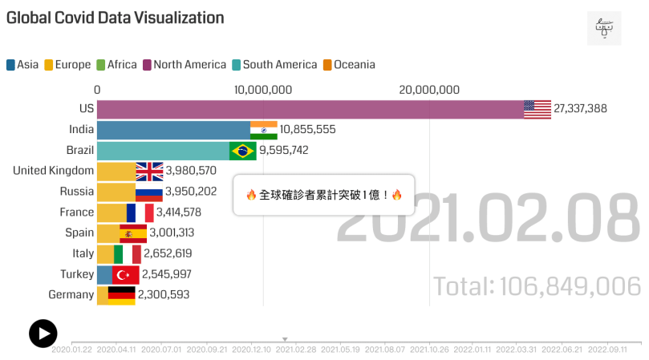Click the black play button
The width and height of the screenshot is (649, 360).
[43, 334]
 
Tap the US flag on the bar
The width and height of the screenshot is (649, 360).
[537, 109]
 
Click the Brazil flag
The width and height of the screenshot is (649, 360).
[242, 150]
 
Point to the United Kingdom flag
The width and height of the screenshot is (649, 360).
[149, 171]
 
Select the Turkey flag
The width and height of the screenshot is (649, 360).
[125, 275]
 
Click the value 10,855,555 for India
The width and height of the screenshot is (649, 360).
[307, 129]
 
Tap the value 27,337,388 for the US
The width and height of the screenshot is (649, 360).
[580, 109]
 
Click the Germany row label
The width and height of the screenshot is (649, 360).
[71, 295]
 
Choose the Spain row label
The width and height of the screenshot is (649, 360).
[79, 233]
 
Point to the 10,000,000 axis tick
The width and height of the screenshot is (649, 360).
[264, 90]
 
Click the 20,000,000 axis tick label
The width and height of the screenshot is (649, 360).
[428, 90]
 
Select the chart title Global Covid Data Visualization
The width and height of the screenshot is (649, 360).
[116, 17]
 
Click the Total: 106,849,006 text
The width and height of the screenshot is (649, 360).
[537, 286]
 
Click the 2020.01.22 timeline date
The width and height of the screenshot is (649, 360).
[71, 349]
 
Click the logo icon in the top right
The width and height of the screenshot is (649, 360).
[604, 28]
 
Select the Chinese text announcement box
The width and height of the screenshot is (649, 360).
[323, 195]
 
